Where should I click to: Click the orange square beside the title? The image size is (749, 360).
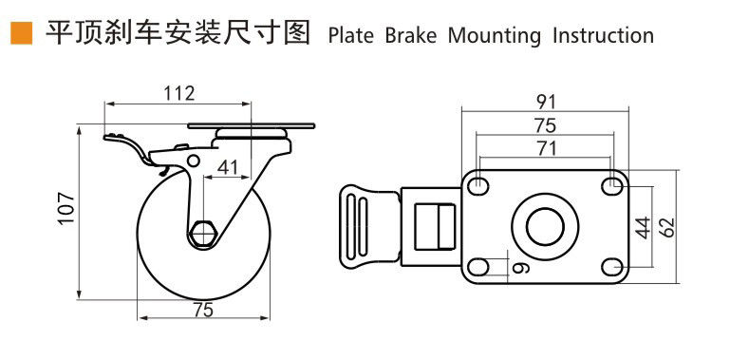click(22, 33)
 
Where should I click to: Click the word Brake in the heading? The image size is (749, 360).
click(411, 36)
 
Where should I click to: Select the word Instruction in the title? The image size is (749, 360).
click(604, 36)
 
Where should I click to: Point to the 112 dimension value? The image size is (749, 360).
click(179, 93)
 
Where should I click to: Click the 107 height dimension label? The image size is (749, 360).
click(66, 208)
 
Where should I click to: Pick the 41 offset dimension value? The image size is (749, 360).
click(228, 167)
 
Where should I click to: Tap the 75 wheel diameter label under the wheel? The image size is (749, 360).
click(203, 311)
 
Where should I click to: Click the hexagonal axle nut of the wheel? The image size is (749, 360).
click(204, 234)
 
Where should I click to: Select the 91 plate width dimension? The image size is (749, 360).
click(546, 102)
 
